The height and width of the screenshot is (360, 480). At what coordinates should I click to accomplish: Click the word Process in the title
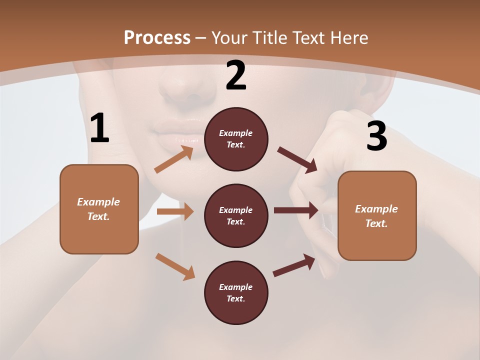(x=157, y=37)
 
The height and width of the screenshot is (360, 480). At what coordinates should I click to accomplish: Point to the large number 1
(x=99, y=128)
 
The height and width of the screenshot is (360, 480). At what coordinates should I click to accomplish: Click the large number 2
(x=236, y=76)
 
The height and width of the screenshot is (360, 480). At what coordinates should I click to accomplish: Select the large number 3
(x=376, y=136)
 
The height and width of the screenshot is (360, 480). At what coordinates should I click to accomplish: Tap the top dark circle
(x=236, y=139)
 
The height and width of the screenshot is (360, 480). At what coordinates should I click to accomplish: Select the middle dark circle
(x=236, y=215)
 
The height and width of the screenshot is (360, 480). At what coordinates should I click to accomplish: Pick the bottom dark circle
(x=236, y=292)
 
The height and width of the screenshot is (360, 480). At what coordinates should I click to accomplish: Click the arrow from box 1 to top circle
(x=174, y=159)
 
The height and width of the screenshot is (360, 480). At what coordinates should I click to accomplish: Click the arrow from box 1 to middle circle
(x=175, y=211)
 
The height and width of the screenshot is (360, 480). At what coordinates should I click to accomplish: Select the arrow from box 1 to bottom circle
(x=175, y=266)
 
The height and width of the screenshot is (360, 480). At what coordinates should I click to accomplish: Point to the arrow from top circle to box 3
(x=297, y=160)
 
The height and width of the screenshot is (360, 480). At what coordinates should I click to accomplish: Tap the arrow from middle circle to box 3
(x=295, y=210)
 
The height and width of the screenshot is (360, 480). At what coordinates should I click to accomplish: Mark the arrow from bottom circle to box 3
(x=294, y=265)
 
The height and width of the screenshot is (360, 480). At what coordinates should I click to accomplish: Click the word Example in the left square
(x=98, y=202)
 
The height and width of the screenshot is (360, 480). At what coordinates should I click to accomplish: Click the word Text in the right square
(x=376, y=223)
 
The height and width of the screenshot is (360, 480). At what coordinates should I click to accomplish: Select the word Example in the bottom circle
(x=235, y=287)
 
